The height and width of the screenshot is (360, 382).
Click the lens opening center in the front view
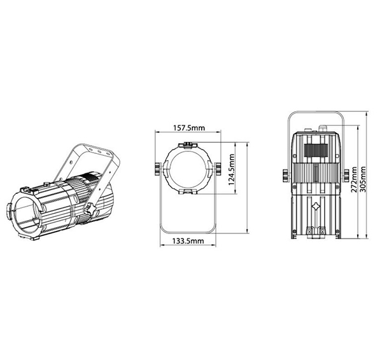click(x=189, y=169)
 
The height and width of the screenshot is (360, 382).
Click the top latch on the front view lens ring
click(x=189, y=145)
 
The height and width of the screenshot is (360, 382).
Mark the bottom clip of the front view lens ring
click(x=189, y=193)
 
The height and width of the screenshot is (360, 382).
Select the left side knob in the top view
click(x=283, y=175)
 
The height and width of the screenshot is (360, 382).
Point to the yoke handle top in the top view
click(x=316, y=115)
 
